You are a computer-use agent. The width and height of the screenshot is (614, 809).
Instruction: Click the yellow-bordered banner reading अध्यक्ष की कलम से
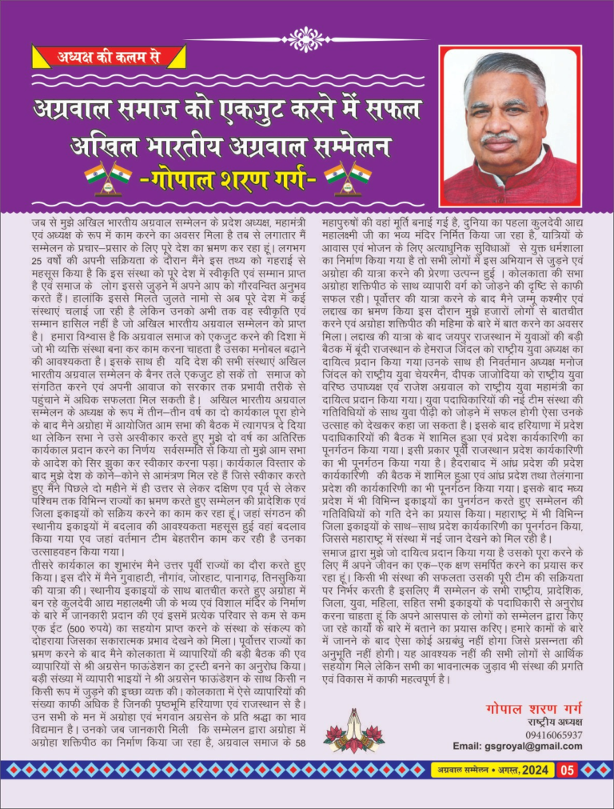[108, 56]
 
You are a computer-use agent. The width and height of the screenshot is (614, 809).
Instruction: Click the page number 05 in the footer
[567, 771]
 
